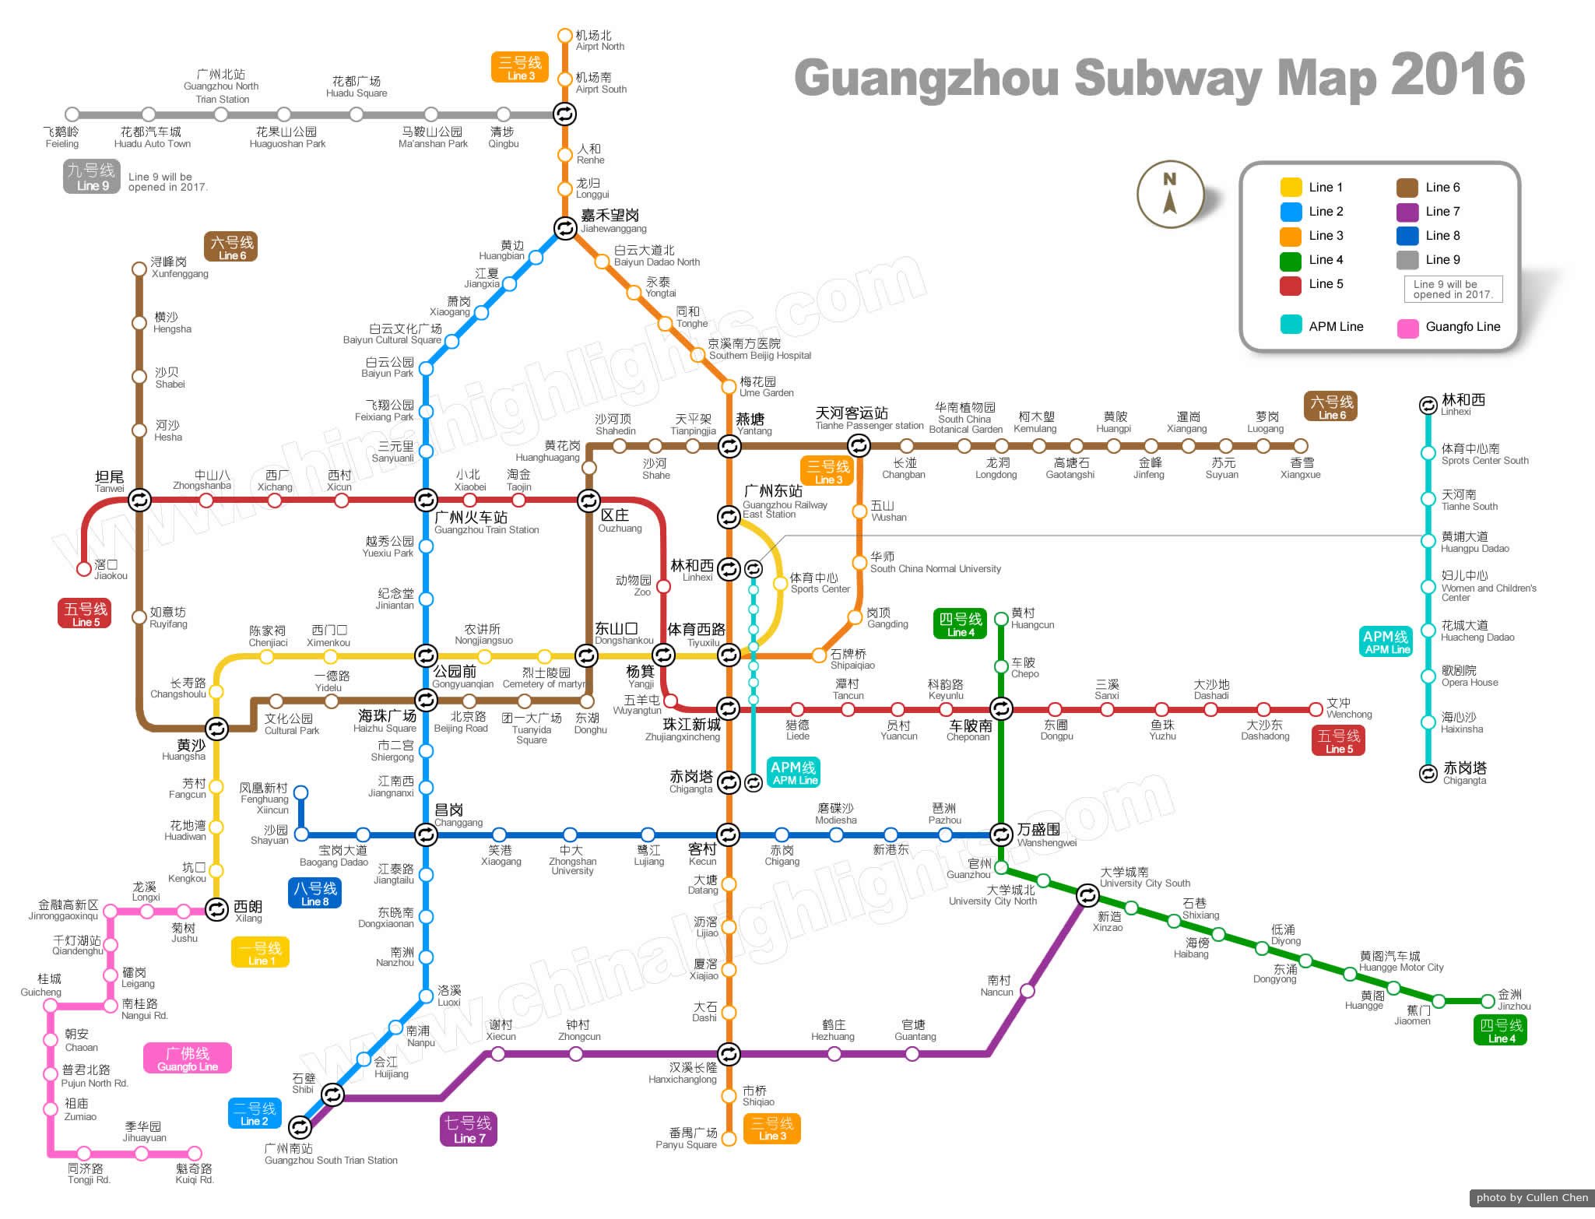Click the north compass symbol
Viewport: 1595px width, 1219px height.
click(1170, 194)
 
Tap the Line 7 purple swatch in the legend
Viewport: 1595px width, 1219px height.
click(1407, 212)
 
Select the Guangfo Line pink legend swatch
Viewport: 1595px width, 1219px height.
click(1407, 328)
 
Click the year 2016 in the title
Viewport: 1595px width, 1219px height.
click(1457, 75)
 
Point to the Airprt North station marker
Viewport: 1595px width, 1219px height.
click(565, 36)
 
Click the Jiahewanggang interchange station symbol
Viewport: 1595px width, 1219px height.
click(565, 227)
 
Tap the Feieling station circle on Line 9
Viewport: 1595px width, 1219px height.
click(72, 114)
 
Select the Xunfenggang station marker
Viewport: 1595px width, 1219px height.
click(139, 269)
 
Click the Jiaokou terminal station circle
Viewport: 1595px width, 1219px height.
click(84, 569)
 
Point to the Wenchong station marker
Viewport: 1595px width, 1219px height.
click(1316, 709)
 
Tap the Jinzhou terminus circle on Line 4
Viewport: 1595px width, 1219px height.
click(1488, 1001)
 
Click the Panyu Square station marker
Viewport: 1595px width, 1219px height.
click(729, 1139)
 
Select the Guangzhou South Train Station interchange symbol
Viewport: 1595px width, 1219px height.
click(300, 1126)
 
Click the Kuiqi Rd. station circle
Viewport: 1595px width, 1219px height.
click(195, 1153)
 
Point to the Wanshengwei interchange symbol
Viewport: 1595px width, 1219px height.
click(1001, 834)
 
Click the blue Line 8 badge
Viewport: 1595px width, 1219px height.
click(314, 893)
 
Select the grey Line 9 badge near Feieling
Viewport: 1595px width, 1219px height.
click(91, 177)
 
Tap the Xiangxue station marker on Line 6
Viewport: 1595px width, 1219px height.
click(1301, 446)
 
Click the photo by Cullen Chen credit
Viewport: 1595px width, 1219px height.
click(1531, 1197)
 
